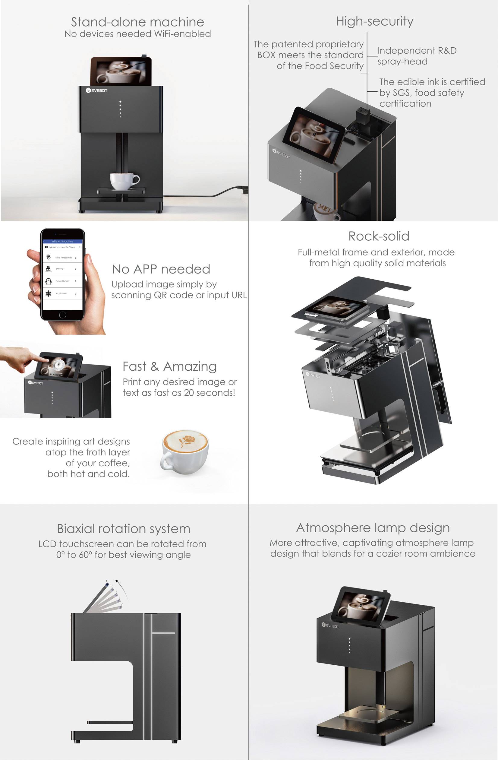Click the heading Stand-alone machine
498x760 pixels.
pyautogui.click(x=137, y=22)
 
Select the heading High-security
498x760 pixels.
pyautogui.click(x=374, y=21)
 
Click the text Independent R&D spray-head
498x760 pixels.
pyautogui.click(x=417, y=56)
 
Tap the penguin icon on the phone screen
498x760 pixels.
pyautogui.click(x=48, y=281)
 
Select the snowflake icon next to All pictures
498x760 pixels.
pyautogui.click(x=48, y=293)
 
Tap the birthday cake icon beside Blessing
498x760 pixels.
pyautogui.click(x=48, y=268)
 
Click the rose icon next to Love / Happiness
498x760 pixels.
pyautogui.click(x=48, y=257)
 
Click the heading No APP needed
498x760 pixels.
pyautogui.click(x=161, y=269)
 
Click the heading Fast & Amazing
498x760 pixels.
pyautogui.click(x=169, y=366)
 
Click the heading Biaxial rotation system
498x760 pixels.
pyautogui.click(x=124, y=528)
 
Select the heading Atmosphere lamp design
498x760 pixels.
pyautogui.click(x=373, y=527)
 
